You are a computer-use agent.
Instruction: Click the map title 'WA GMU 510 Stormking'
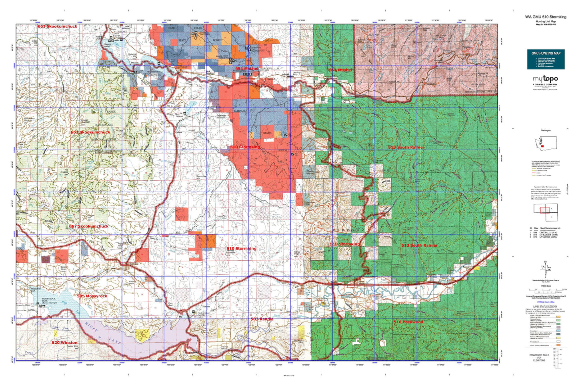click(x=546, y=17)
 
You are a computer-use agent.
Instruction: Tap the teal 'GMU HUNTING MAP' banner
click(x=546, y=53)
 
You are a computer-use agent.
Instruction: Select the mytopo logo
click(x=546, y=79)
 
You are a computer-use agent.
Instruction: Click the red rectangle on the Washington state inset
click(x=542, y=146)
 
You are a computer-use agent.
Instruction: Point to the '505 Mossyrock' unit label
click(x=92, y=296)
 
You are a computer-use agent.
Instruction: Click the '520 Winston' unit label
click(x=64, y=343)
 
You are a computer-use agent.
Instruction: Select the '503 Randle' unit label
click(x=262, y=319)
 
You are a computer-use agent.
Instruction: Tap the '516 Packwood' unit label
click(x=408, y=322)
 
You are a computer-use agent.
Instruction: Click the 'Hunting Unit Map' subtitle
click(x=546, y=21)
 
